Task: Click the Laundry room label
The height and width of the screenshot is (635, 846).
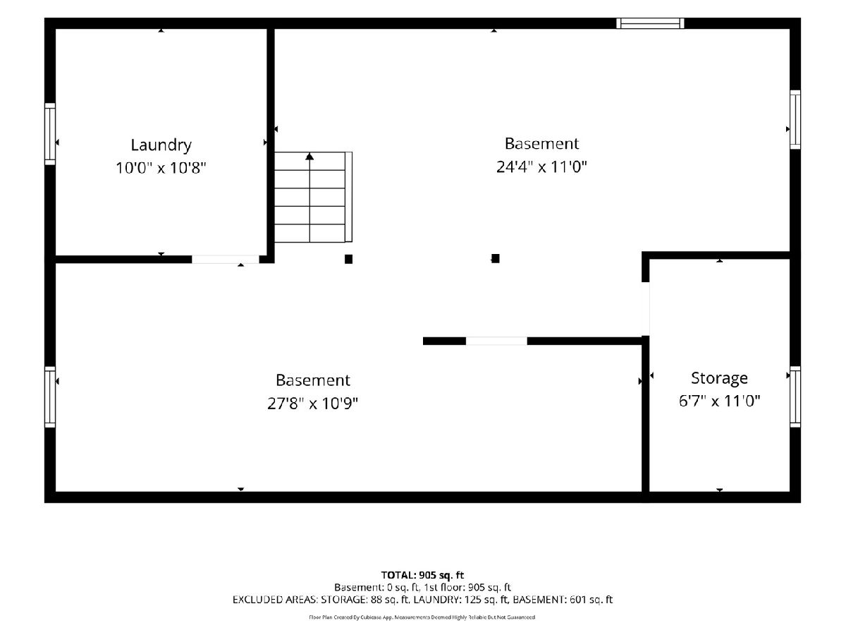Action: pos(161,145)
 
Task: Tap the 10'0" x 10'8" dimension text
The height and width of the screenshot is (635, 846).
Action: pos(161,168)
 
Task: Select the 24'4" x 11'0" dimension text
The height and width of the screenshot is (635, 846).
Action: pos(541,167)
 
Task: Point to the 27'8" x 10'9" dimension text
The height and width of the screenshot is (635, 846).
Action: pos(312,404)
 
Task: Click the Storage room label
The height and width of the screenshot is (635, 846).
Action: pos(719,379)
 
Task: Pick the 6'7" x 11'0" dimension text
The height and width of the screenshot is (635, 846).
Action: pos(719,401)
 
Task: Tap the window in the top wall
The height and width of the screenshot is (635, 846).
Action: pos(650,23)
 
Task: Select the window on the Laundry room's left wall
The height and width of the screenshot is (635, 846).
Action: pos(50,134)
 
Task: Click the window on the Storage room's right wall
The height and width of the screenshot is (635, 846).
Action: pos(795,397)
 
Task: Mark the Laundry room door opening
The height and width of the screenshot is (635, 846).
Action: pos(226,259)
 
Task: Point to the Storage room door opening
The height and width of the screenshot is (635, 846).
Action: pos(646,309)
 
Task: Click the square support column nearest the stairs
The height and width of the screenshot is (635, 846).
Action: pos(348,259)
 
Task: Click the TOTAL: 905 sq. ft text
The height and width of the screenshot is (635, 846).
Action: pos(422,575)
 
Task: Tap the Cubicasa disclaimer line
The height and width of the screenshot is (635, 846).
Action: pos(422,617)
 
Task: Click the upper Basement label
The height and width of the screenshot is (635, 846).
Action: pos(541,144)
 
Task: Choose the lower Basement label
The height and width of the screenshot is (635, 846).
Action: pos(312,380)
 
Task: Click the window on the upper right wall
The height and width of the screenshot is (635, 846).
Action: pos(795,119)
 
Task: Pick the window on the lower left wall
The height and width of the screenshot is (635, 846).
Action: pos(50,397)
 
